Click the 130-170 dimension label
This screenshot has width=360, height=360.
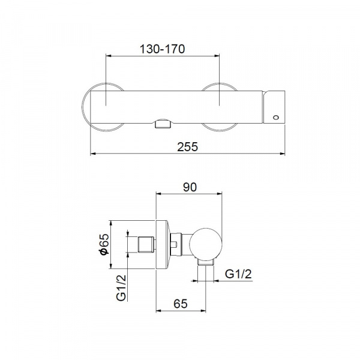pos(162,49)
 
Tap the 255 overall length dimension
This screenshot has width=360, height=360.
pos(187,147)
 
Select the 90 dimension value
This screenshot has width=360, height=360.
pos(190,187)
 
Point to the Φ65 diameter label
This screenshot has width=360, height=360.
pos(104,245)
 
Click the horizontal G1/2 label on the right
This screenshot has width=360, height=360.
pos(238,274)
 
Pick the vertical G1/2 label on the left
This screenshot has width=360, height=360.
pos(121,288)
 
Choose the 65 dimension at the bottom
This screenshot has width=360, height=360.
pos(181,304)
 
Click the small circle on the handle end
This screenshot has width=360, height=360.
pos(276,118)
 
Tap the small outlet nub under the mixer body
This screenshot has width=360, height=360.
pos(163,124)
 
